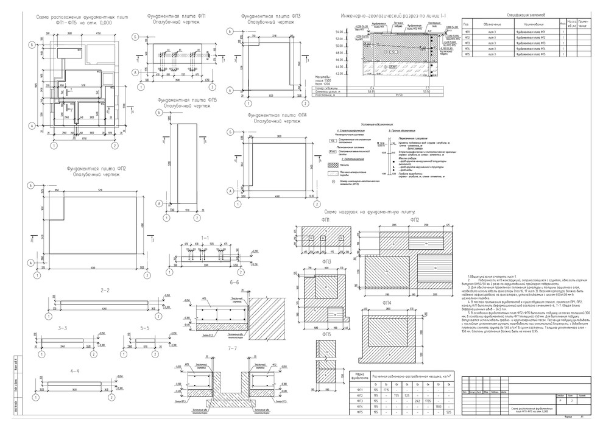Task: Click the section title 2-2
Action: [104, 290]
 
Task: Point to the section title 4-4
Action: [76, 370]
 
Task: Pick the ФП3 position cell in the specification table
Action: [468, 43]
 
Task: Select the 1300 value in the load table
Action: [439, 406]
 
